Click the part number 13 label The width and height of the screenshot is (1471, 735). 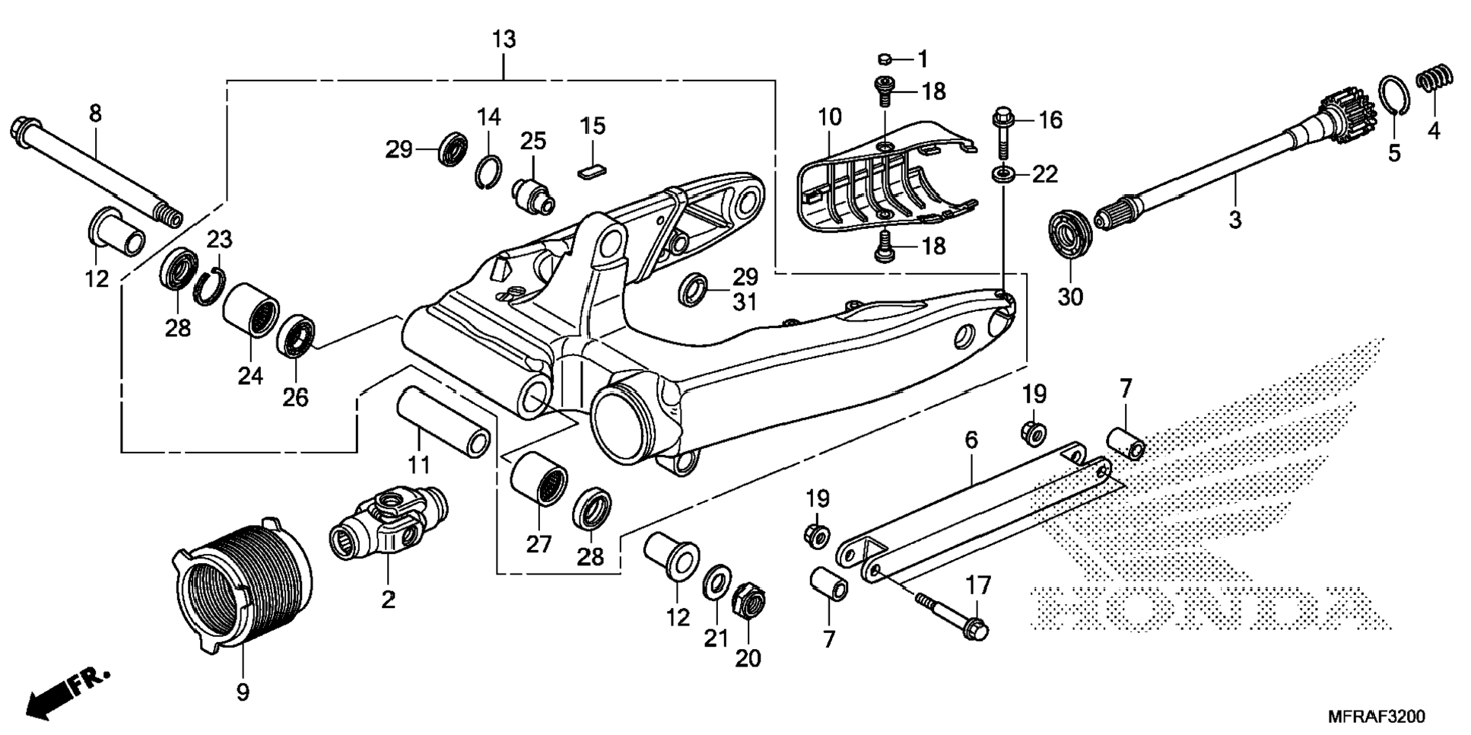click(x=504, y=40)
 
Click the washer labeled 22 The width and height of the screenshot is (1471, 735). click(x=1003, y=175)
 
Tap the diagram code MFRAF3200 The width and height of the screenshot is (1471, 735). click(x=1376, y=717)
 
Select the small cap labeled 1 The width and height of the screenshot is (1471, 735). click(x=885, y=59)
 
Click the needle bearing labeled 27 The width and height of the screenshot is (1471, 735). click(x=539, y=477)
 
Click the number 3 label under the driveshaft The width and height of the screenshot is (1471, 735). click(x=1234, y=220)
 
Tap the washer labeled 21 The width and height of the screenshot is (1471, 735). click(x=715, y=582)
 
